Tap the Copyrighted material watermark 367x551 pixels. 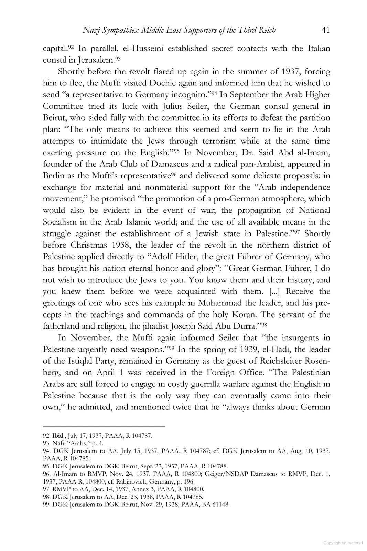(343, 542)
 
